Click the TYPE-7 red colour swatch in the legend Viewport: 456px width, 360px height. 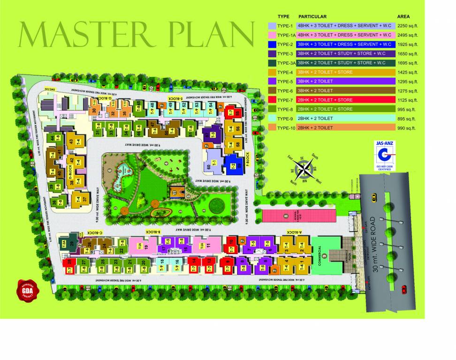point(271,99)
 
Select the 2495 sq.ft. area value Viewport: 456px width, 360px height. point(406,35)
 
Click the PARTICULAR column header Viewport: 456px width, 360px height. point(312,16)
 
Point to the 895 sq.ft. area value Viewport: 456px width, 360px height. point(406,118)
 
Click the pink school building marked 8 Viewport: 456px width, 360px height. point(298,216)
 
